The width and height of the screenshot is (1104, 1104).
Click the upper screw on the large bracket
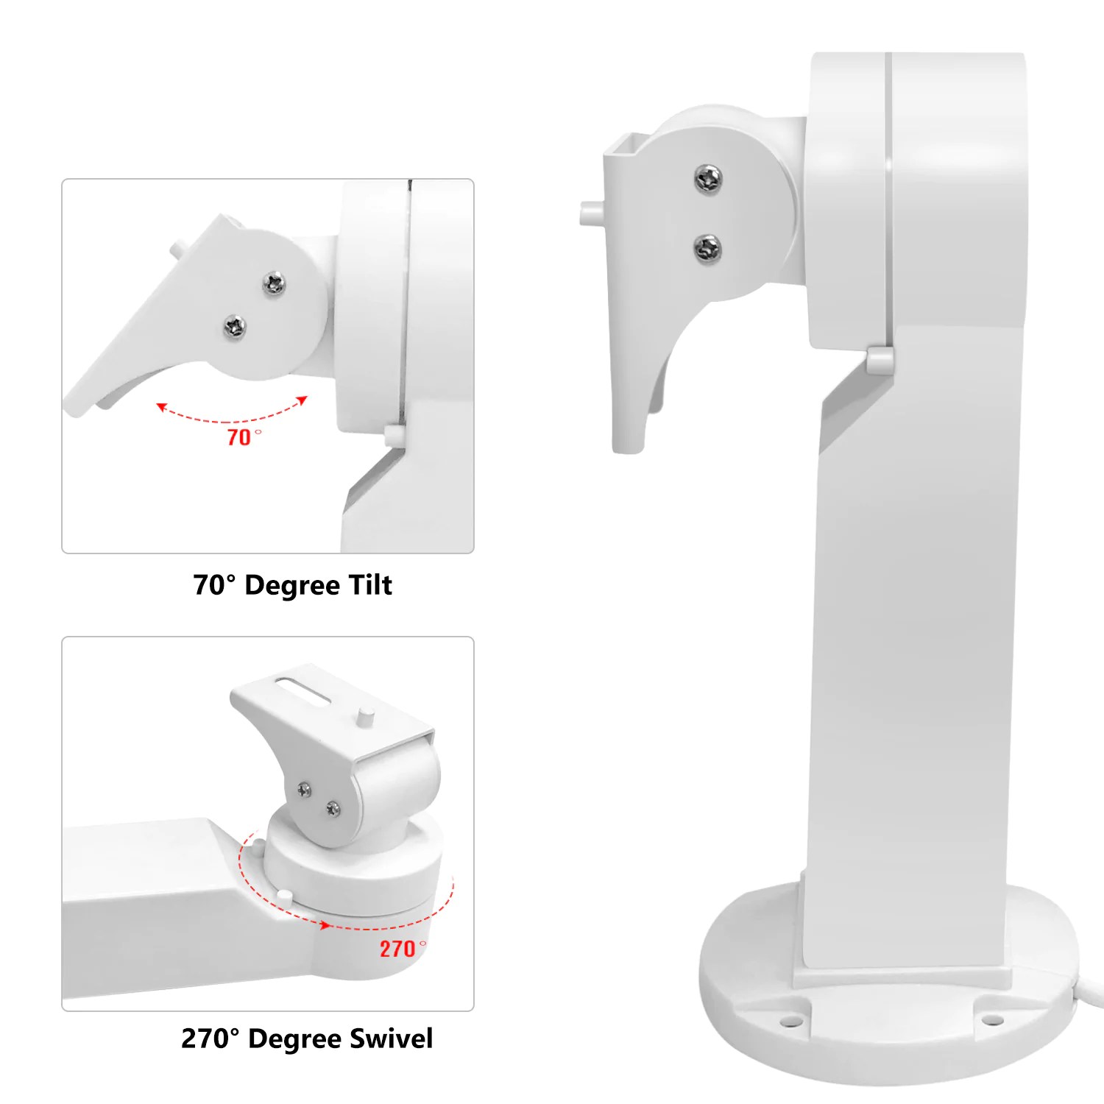coord(708,178)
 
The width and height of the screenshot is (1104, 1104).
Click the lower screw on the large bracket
coord(707,248)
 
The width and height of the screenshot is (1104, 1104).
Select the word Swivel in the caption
coord(391,1038)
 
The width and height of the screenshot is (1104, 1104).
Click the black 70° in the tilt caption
coord(214,585)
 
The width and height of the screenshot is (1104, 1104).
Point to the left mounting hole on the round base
coord(790,1022)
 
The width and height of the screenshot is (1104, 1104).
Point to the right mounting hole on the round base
coord(993,1020)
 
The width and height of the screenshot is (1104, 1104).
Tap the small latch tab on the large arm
coord(880,360)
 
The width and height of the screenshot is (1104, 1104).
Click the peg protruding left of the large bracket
coord(590,213)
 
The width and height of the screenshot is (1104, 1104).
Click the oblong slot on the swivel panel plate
coord(302,688)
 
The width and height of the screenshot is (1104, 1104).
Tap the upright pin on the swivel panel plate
coord(364,716)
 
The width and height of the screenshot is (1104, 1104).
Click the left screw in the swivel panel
coord(304,789)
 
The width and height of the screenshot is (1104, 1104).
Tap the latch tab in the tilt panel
coord(393,436)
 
